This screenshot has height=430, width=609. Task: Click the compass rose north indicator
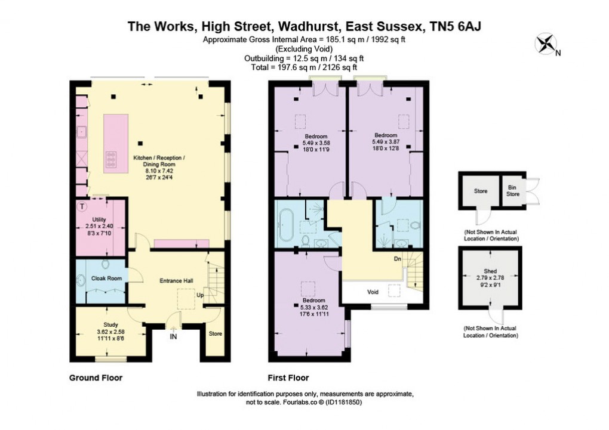click(x=546, y=44)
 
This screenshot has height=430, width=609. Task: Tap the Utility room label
click(x=99, y=219)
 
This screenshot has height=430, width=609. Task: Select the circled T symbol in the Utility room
click(x=82, y=206)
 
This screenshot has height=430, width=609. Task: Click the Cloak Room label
click(x=106, y=278)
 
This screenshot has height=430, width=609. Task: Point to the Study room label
click(x=103, y=325)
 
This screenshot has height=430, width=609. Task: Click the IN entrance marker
click(x=174, y=337)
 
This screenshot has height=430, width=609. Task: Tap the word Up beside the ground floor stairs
click(x=201, y=295)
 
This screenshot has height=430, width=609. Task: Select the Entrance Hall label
click(x=177, y=280)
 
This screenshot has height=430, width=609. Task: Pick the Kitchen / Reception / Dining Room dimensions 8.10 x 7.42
click(x=159, y=170)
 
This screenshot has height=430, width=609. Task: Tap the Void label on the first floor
click(x=373, y=292)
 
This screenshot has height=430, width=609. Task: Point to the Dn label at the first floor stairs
click(x=397, y=259)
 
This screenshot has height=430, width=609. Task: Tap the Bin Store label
click(x=513, y=191)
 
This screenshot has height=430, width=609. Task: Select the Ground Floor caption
click(x=96, y=378)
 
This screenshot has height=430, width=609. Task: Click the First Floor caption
click(x=288, y=378)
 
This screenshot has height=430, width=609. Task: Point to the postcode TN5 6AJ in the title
click(x=461, y=26)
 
